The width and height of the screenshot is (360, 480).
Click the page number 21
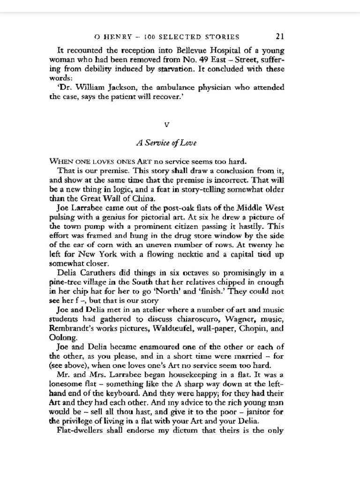[280, 37]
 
